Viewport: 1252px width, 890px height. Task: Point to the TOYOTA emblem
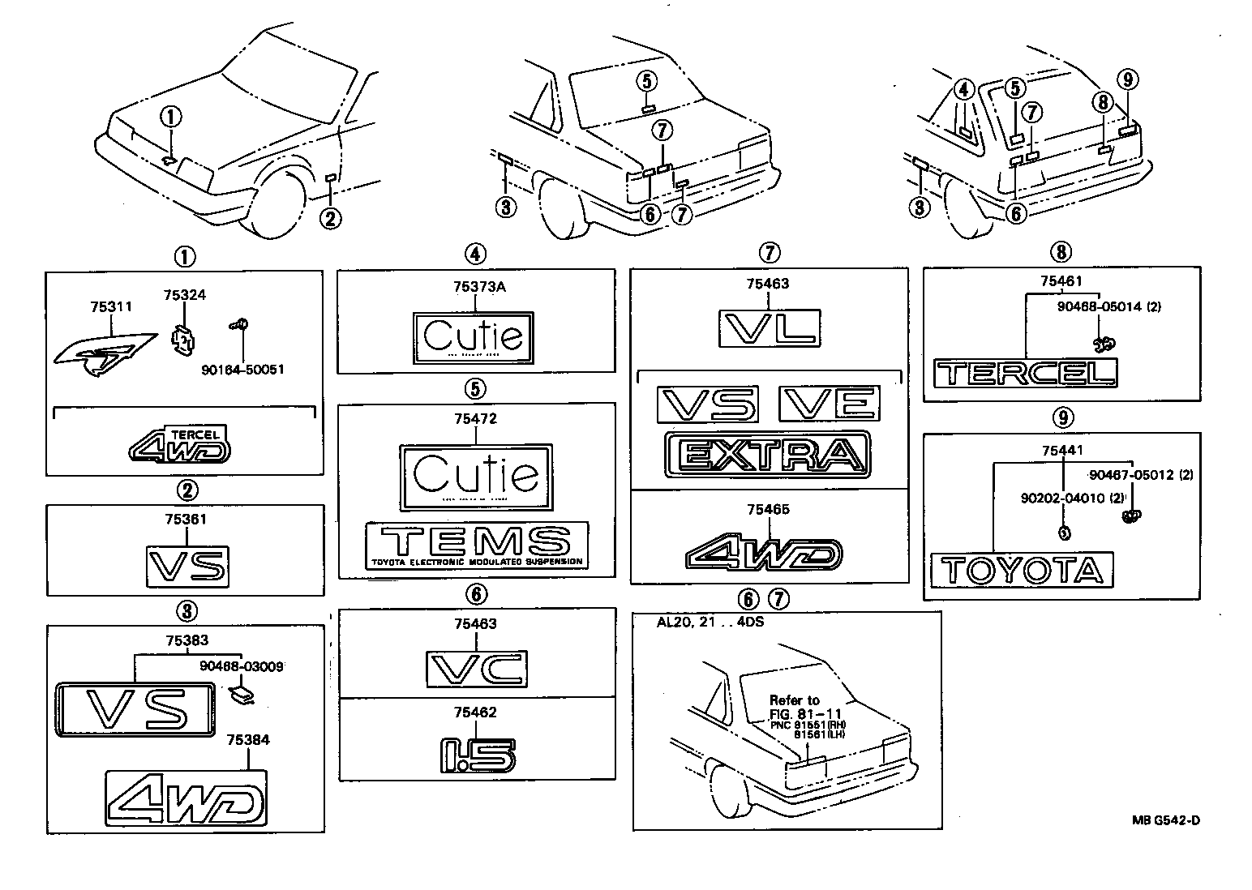pos(1022,570)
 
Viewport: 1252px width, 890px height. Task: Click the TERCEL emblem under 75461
pos(1025,374)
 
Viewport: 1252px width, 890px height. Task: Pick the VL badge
pos(769,329)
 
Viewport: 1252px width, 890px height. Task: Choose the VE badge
pos(829,403)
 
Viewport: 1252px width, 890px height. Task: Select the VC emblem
pos(476,668)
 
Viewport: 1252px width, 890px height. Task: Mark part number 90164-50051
pos(242,370)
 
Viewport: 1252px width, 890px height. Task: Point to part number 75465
pos(769,509)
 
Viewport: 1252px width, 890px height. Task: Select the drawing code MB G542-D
pos(1166,819)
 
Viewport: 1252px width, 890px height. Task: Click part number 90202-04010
pos(1063,498)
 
